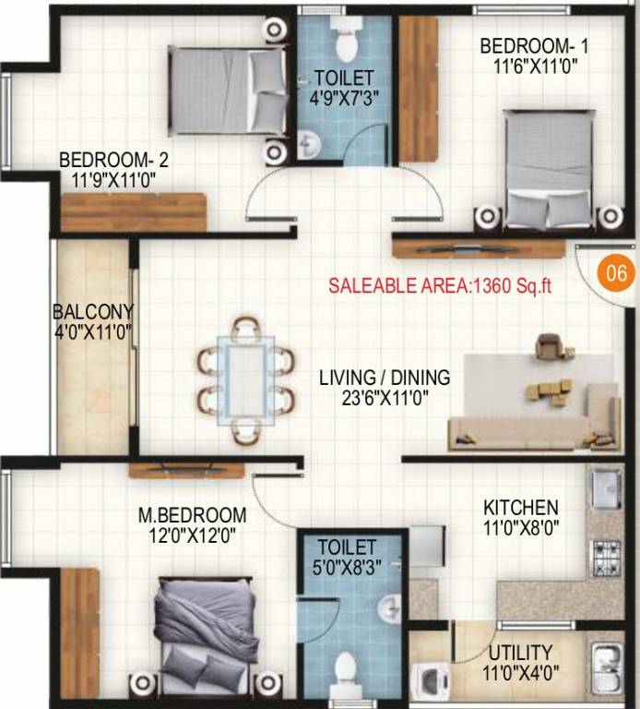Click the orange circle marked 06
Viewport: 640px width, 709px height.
click(x=616, y=273)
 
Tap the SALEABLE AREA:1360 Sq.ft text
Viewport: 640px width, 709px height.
click(x=440, y=285)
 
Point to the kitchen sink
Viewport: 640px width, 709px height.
click(x=604, y=487)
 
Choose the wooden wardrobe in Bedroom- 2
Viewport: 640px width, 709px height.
click(x=134, y=211)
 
